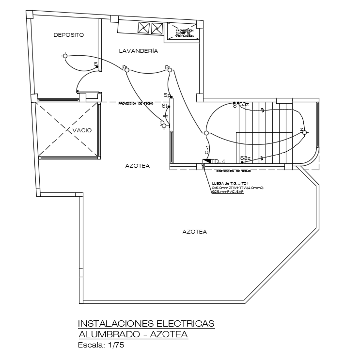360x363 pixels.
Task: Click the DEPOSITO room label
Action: click(69, 35)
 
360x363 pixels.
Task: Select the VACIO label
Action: click(82, 130)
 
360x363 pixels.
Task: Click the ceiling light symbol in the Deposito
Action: click(65, 56)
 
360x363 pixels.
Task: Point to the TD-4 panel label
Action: click(219, 161)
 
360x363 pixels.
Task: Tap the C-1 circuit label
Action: click(207, 150)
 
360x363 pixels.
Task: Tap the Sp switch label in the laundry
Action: click(167, 95)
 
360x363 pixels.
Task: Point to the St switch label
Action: click(165, 106)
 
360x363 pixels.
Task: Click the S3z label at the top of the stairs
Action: click(244, 104)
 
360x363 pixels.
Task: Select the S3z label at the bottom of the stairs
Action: click(245, 158)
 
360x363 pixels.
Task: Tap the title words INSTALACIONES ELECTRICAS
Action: click(146, 323)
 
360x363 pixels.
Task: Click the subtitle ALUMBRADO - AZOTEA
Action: click(133, 334)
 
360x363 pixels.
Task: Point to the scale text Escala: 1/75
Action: click(101, 346)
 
